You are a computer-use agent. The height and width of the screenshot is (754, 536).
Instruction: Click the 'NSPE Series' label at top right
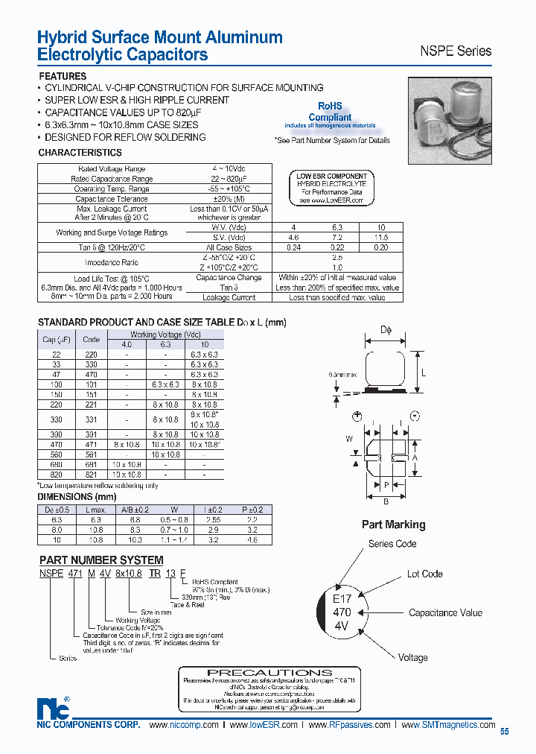456,51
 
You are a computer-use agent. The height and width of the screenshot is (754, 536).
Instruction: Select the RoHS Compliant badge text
330,113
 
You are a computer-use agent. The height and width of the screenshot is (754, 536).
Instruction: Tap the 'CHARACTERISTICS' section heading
80,153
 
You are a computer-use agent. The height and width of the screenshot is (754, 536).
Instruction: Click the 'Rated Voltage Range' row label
112,169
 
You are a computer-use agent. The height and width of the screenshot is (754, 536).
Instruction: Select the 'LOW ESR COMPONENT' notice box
332,188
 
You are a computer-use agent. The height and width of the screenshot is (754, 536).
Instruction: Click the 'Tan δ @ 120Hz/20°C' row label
112,247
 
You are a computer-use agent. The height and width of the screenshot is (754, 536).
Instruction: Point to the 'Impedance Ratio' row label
112,262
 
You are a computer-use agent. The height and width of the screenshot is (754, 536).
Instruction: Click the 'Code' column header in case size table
91,339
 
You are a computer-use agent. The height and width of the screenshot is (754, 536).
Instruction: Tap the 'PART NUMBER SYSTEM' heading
100,560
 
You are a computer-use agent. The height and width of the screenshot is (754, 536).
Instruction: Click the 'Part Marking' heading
393,525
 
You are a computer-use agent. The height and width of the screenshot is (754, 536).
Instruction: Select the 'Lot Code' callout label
424,574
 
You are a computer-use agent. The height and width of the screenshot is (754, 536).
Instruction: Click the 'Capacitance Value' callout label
445,612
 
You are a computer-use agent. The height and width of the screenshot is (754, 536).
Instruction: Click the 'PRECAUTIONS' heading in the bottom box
269,672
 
